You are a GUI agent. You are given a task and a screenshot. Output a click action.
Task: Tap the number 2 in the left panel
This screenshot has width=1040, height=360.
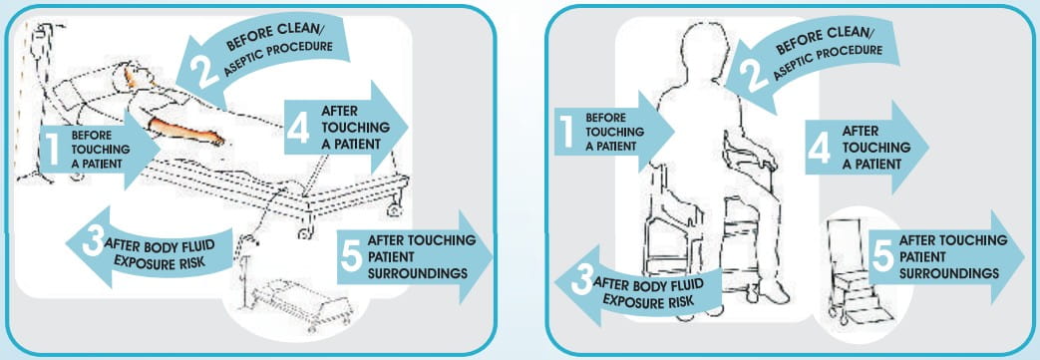pos(205,71)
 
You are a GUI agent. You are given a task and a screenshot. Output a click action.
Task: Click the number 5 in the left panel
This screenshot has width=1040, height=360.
pos(351,256)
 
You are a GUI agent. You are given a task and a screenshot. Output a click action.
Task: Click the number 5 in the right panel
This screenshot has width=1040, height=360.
pos(883,256)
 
